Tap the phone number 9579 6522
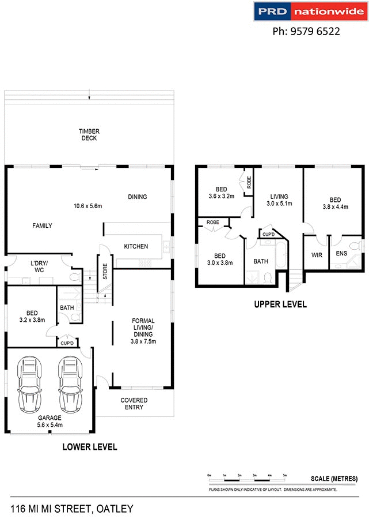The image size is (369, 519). [306, 32]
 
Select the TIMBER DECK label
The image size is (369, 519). [89, 135]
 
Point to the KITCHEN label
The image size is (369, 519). [136, 246]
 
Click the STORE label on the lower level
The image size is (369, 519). [105, 272]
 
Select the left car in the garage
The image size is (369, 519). [29, 383]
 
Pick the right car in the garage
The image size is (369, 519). [69, 383]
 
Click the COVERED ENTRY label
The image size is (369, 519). [134, 404]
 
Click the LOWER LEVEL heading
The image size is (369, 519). [90, 447]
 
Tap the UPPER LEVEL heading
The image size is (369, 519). [280, 304]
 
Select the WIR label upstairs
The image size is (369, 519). [316, 254]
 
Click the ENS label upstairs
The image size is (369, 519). [341, 253]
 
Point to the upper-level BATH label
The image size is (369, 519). [261, 261]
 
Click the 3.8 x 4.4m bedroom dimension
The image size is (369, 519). [336, 206]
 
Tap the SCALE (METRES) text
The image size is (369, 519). [334, 479]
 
